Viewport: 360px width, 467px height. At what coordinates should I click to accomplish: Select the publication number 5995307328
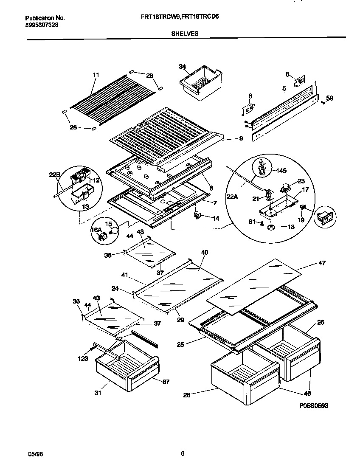42,25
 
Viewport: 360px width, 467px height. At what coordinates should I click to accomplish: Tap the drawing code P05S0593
314,406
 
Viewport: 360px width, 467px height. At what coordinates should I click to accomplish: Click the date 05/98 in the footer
36,454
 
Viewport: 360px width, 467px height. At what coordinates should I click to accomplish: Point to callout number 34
182,67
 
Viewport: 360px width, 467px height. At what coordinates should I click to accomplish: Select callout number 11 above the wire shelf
96,75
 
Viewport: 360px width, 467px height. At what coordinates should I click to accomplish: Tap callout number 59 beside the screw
330,98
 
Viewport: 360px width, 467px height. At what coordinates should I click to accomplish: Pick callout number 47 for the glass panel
321,263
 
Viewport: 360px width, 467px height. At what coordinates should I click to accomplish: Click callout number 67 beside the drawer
166,382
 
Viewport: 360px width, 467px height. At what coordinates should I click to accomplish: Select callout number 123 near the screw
83,359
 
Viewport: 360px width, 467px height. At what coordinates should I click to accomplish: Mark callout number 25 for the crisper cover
180,344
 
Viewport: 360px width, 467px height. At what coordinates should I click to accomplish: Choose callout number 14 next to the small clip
216,218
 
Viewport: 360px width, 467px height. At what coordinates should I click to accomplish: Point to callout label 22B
54,174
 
